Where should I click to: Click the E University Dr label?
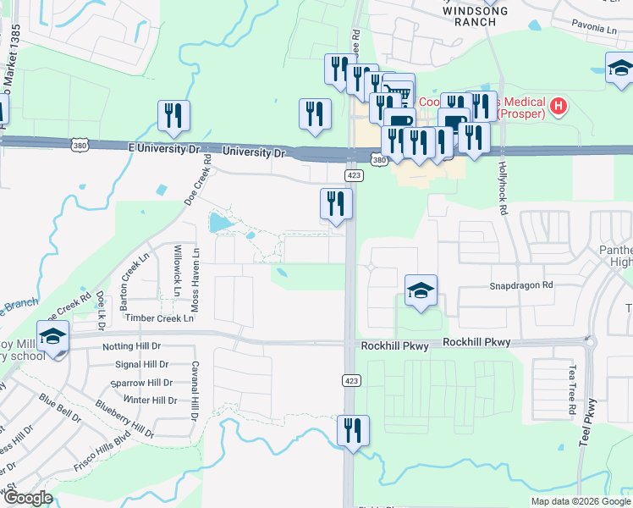[x=162, y=148]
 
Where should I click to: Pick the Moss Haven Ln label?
[x=195, y=279]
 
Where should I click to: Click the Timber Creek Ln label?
[x=159, y=318]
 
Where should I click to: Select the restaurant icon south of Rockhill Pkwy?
[x=352, y=430]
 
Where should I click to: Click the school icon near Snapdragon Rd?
[x=421, y=290]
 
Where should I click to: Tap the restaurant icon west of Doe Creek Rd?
[x=173, y=115]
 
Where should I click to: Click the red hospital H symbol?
[x=558, y=106]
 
